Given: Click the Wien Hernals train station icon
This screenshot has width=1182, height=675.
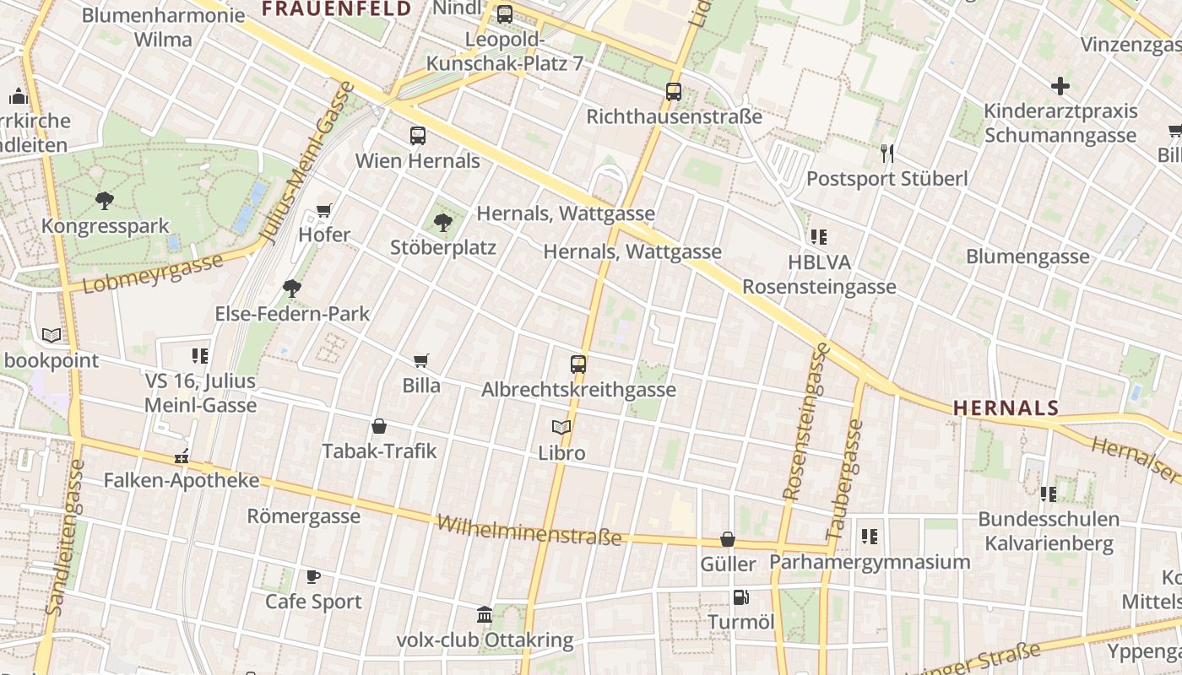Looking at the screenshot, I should (x=417, y=135).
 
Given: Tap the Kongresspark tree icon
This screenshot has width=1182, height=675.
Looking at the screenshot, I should (x=105, y=201).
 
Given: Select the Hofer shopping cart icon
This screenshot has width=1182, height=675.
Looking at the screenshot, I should (x=324, y=210).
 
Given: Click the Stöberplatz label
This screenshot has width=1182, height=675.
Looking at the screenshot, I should (x=442, y=247).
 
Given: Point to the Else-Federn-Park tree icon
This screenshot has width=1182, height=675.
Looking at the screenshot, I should (x=292, y=289).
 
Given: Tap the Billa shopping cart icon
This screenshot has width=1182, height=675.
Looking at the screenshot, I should (x=421, y=361).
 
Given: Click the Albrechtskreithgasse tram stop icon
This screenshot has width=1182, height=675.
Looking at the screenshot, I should (x=578, y=364).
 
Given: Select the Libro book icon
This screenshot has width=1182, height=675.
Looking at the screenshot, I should (x=561, y=428).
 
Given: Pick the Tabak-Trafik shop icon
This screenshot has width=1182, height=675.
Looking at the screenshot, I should (x=379, y=426).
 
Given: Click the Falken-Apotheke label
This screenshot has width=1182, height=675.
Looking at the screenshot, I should (x=182, y=480).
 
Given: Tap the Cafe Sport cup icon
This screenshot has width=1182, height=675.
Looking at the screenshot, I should (x=313, y=577).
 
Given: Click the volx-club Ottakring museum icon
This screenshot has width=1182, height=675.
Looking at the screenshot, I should (x=485, y=615).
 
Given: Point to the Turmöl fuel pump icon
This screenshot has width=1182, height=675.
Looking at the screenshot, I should (x=740, y=597).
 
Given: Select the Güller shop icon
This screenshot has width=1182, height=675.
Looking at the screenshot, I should (x=728, y=539).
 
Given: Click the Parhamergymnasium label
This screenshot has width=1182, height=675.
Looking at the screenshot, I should (x=870, y=562).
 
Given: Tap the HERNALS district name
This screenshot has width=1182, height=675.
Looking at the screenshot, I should (x=1006, y=408).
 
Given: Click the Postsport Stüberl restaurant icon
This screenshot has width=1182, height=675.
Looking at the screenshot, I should (x=886, y=153).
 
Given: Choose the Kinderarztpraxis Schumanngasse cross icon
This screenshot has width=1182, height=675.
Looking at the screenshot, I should (x=1060, y=86).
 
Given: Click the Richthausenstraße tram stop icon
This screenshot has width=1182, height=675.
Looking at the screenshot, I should (x=674, y=92).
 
